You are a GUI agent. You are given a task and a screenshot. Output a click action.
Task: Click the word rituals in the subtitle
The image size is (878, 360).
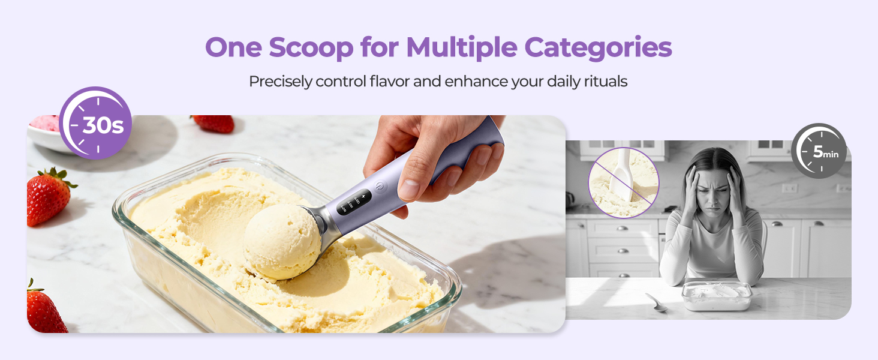tap(605, 81)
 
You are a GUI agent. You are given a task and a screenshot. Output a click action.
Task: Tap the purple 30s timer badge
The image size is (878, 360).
tap(95, 123)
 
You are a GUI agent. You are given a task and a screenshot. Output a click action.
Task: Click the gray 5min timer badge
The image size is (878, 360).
tap(819, 151)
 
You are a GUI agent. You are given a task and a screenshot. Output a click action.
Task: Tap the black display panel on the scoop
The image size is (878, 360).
tap(353, 202)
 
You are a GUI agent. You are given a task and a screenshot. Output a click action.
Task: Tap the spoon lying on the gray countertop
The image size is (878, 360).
tap(656, 302)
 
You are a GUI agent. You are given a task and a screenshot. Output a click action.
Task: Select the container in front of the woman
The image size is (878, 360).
tap(717, 295)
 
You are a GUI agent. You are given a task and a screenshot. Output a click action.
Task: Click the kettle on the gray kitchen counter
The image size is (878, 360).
tap(571, 199)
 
